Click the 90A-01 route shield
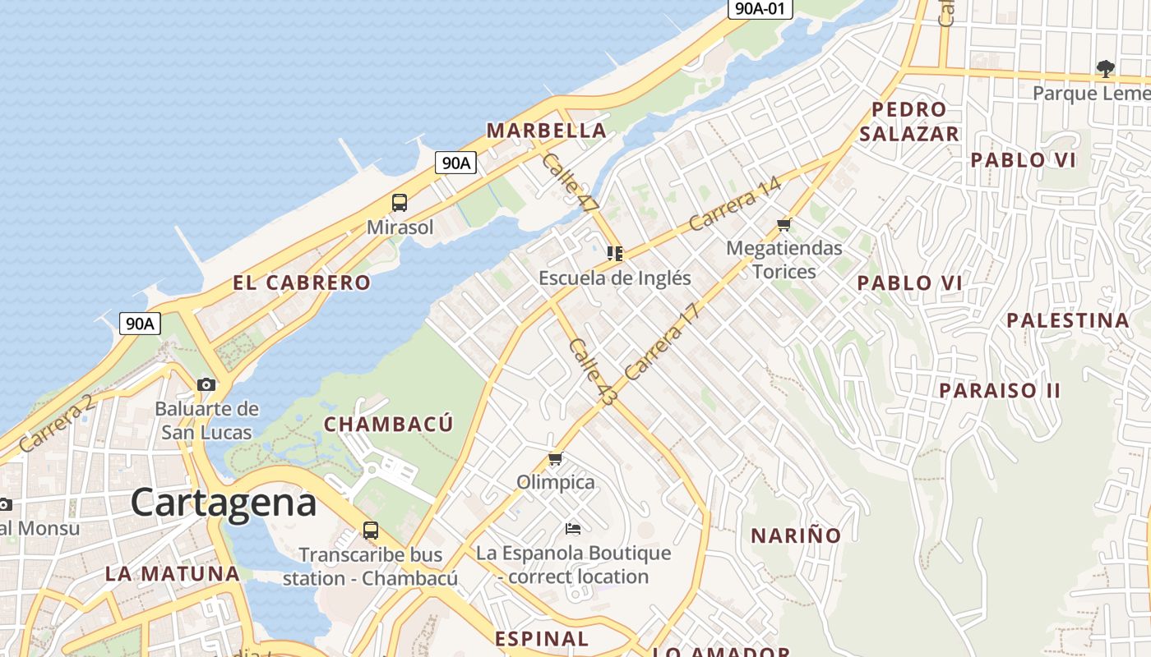pyautogui.click(x=760, y=9)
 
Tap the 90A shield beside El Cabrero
pyautogui.click(x=140, y=324)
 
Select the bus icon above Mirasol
pyautogui.click(x=400, y=203)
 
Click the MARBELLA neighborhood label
pyautogui.click(x=546, y=131)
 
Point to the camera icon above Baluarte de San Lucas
pyautogui.click(x=206, y=384)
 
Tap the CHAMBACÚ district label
pyautogui.click(x=388, y=425)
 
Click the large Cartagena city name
pyautogui.click(x=223, y=502)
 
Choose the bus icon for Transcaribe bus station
pyautogui.click(x=371, y=531)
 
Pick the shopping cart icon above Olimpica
pyautogui.click(x=556, y=459)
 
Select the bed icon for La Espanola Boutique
pyautogui.click(x=573, y=528)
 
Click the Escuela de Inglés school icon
pyautogui.click(x=615, y=253)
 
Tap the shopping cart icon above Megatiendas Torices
pyautogui.click(x=784, y=224)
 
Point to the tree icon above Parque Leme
pyautogui.click(x=1106, y=69)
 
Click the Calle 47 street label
pyautogui.click(x=569, y=185)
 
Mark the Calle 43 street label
pyautogui.click(x=592, y=371)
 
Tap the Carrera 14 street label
pyautogui.click(x=734, y=205)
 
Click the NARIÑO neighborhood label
pyautogui.click(x=796, y=536)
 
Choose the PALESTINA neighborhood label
pyautogui.click(x=1068, y=320)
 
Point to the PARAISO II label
pyautogui.click(x=1000, y=390)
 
